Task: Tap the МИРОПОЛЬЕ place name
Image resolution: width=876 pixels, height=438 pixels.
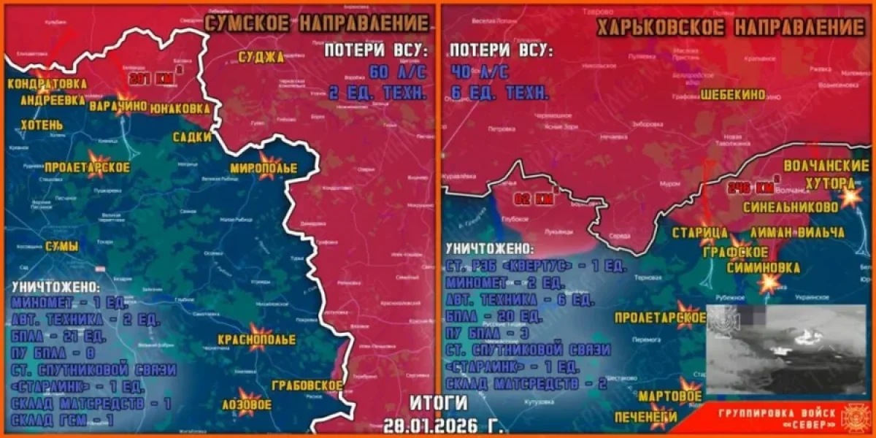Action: tap(264, 169)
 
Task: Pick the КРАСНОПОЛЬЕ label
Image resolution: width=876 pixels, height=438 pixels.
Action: tap(256, 340)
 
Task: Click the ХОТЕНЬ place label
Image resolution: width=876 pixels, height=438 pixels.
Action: tap(31, 126)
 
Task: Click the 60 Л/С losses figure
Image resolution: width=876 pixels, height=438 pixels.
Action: tap(397, 72)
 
